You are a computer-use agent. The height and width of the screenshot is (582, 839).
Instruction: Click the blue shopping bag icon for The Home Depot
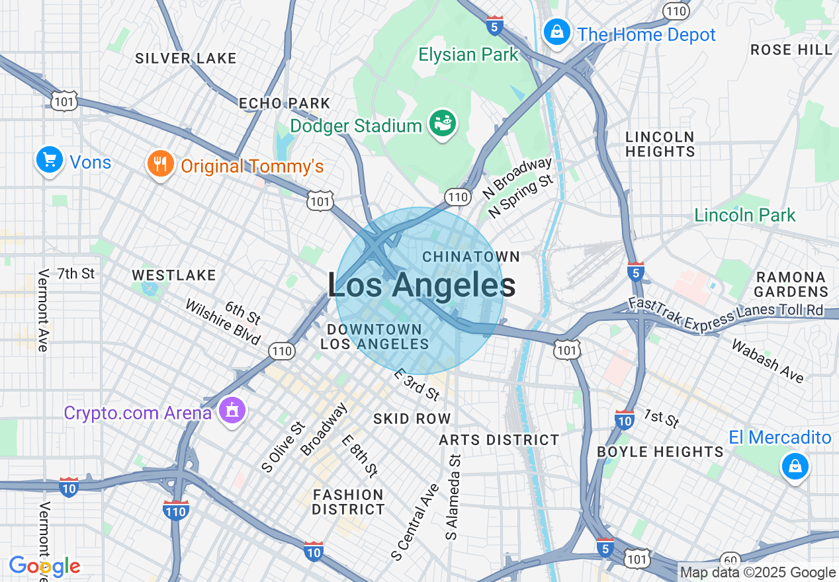tap(557, 31)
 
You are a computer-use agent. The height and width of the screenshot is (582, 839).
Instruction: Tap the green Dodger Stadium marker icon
tap(442, 122)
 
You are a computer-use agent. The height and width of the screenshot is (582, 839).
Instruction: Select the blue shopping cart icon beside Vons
tap(49, 160)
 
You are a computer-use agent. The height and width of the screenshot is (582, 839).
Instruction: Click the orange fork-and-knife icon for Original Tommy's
tap(160, 164)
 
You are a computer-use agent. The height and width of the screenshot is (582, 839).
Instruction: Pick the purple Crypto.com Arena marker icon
tap(232, 411)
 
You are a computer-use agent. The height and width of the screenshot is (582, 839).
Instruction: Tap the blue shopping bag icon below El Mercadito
tap(795, 466)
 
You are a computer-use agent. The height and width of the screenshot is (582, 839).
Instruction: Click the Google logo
tap(44, 566)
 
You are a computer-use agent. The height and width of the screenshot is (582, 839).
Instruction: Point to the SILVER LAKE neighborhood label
tap(186, 58)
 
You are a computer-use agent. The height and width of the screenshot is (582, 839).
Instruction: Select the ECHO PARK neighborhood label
tap(284, 103)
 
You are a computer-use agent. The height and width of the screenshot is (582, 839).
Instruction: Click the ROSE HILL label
tap(791, 50)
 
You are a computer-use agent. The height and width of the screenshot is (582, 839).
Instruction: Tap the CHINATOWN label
tap(471, 256)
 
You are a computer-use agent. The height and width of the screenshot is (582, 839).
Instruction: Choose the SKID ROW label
tap(412, 419)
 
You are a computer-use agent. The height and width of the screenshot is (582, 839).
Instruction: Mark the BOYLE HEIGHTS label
tap(660, 452)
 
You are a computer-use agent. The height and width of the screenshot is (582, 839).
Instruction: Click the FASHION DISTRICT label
tap(348, 502)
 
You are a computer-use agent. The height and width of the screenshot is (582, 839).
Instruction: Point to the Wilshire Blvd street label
tap(222, 323)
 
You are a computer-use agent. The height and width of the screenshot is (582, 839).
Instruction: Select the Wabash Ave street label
tap(768, 361)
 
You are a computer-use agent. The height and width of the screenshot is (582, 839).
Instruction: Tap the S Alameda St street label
tap(453, 497)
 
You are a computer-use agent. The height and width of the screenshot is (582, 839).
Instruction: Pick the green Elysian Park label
tap(468, 54)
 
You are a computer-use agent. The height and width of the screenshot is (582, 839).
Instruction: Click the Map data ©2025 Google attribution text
tap(758, 573)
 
